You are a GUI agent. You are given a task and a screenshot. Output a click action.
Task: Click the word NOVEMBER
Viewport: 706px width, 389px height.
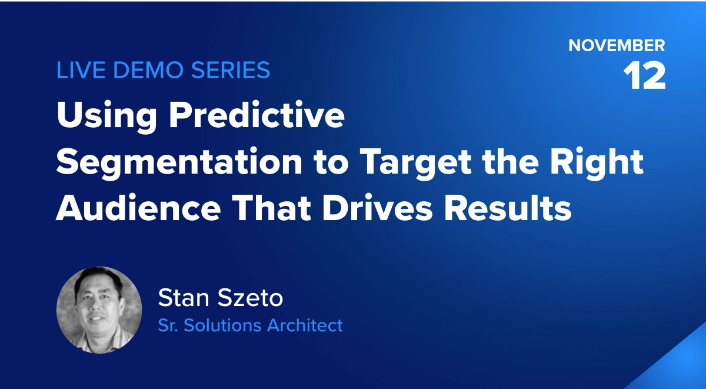(x=617, y=45)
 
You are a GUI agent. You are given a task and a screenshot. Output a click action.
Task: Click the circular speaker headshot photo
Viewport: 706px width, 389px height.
(x=99, y=310)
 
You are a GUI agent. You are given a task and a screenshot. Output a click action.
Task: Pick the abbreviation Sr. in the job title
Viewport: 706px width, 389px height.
(x=168, y=325)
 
